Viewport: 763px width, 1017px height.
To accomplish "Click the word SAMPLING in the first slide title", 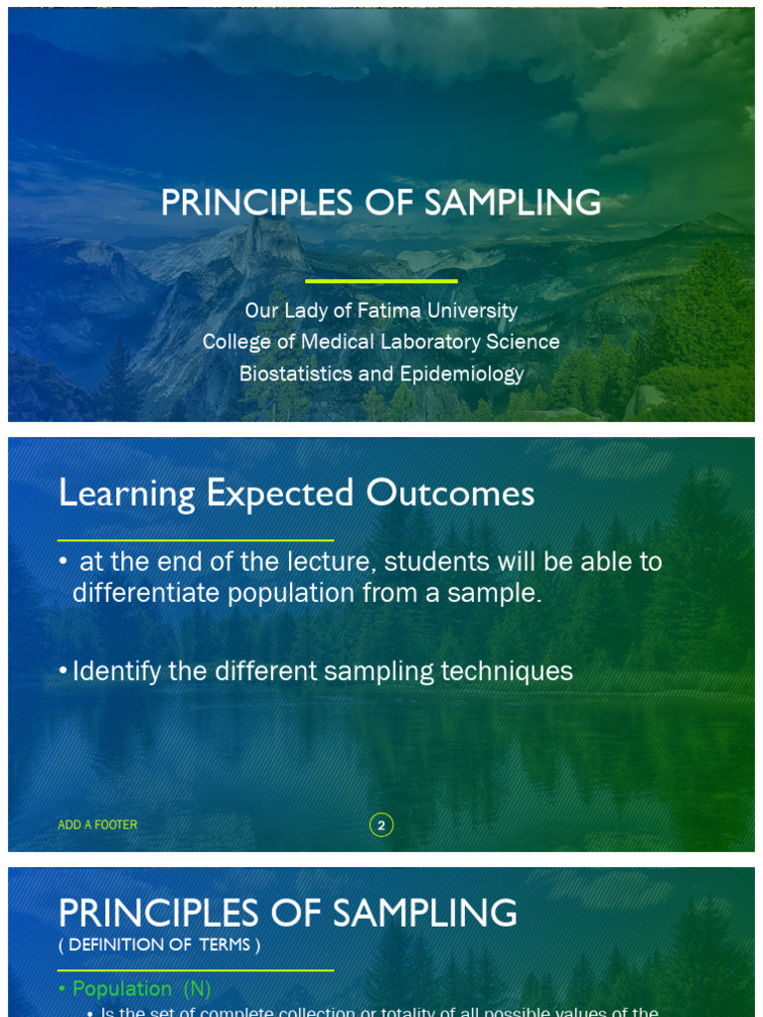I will click(x=513, y=204).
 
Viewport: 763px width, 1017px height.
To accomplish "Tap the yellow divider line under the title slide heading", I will click(x=381, y=281).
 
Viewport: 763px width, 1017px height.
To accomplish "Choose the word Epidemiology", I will click(x=462, y=374).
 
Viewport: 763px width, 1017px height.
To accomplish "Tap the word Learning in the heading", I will click(x=126, y=494).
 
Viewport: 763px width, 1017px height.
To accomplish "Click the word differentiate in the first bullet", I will click(x=146, y=593).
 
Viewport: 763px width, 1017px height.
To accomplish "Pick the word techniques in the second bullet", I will click(x=507, y=671).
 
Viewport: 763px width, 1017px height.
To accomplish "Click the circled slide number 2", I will click(x=381, y=825).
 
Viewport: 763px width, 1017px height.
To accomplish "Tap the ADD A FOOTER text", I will click(x=97, y=825).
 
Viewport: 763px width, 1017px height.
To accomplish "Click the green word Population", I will click(x=122, y=988).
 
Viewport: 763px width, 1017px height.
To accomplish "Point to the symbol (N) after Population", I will click(x=197, y=988).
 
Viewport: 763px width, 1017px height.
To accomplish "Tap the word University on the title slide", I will click(x=469, y=311).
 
